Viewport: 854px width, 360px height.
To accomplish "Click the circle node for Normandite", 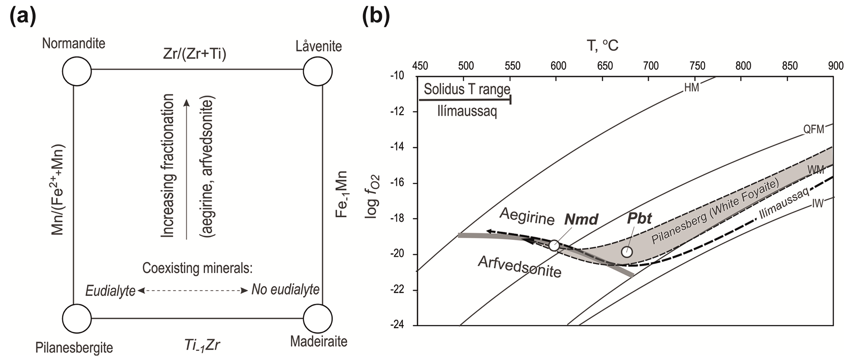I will pos(77,71).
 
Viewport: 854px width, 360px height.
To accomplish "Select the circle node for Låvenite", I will pos(318,71).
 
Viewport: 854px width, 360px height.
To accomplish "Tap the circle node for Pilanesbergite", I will pos(77,319).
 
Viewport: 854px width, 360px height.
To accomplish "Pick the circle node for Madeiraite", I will pos(318,319).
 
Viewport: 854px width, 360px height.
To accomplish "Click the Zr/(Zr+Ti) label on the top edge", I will pos(195,54).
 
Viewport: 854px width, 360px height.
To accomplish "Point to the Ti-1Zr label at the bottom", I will pos(202,345).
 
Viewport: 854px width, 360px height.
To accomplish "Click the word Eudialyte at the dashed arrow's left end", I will pos(110,291).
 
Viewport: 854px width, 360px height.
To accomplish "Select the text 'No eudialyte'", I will pos(285,290).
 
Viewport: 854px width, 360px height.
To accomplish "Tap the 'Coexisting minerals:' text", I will pos(197,268).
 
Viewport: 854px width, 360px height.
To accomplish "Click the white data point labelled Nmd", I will pos(554,245).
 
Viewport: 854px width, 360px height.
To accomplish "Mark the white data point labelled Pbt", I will pos(627,251).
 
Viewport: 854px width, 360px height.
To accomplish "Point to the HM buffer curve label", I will pos(692,88).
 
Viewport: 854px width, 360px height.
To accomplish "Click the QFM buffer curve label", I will pos(813,129).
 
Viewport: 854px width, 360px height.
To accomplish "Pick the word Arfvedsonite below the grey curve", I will pos(519,267).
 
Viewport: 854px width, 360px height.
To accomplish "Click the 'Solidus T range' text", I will pos(467,89).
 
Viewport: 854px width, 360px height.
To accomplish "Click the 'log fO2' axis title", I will pos(373,196).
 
